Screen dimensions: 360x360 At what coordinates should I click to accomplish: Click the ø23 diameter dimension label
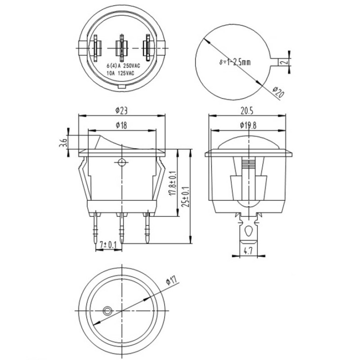tap(121, 111)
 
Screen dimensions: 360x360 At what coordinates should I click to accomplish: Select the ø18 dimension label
tap(121, 125)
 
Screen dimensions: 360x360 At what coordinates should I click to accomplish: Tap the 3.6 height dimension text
tap(64, 143)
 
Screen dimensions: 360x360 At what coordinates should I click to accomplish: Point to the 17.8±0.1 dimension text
tap(173, 183)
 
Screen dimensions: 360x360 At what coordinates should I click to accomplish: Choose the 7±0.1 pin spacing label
tap(108, 245)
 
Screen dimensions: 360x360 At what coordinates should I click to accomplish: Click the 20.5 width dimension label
tap(247, 111)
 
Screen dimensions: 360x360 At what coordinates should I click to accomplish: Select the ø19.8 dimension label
tap(248, 125)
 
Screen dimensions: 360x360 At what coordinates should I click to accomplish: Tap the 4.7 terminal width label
tap(248, 251)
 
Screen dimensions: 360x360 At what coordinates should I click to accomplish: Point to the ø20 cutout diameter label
tap(278, 92)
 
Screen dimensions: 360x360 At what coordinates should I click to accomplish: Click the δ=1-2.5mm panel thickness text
tap(235, 62)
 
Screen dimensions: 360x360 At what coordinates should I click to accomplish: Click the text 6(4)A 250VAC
tap(123, 66)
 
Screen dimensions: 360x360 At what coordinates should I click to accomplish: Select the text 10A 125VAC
tap(120, 73)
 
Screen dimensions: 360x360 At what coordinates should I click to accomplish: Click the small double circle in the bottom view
tap(107, 311)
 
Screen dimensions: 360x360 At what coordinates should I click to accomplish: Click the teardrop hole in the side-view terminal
tap(248, 231)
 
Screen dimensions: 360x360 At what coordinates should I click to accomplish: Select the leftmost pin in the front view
tap(97, 227)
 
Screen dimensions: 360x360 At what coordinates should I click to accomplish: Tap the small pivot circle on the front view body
tap(121, 162)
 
